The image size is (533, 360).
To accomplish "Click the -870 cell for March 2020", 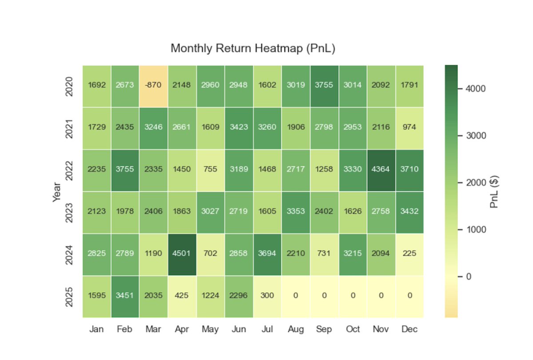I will click(x=154, y=85).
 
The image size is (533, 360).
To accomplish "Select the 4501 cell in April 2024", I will click(x=182, y=253).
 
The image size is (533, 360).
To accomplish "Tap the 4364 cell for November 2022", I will click(x=381, y=169).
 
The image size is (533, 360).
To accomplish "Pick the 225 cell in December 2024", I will click(x=410, y=253).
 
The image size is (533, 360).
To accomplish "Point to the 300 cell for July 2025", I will click(x=267, y=296).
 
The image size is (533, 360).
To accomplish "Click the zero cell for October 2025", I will click(x=353, y=296).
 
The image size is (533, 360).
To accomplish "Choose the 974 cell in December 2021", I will click(x=410, y=127).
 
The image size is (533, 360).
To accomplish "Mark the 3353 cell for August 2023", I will click(x=296, y=211).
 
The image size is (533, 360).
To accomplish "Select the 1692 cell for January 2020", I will click(x=97, y=85).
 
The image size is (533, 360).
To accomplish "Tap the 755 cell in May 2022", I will click(x=211, y=169).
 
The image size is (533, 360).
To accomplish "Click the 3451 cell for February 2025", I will click(x=125, y=296).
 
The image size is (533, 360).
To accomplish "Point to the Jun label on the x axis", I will click(x=239, y=330).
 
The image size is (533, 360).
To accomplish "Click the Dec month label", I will click(x=410, y=330).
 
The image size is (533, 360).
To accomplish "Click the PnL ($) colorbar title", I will click(x=494, y=191).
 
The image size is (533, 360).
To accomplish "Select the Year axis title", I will click(x=57, y=191).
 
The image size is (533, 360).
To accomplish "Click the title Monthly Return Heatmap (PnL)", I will click(x=253, y=48).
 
